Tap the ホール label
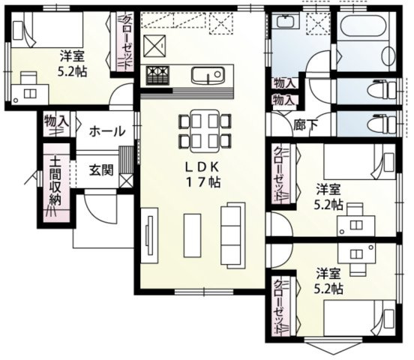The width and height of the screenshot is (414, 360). click(x=107, y=131)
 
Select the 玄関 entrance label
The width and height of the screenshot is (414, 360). click(x=101, y=169)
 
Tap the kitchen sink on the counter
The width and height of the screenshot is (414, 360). click(x=205, y=76)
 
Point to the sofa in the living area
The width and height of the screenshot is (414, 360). click(x=232, y=234)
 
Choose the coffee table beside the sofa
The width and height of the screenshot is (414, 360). click(x=192, y=234)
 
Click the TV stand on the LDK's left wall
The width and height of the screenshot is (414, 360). click(x=149, y=237)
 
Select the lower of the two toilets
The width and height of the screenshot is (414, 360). click(x=379, y=122)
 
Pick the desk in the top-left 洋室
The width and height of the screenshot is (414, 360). click(x=31, y=88)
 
